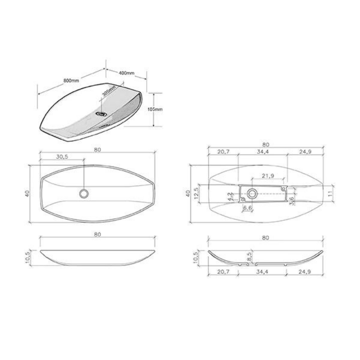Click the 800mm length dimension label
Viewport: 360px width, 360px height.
[x=71, y=80]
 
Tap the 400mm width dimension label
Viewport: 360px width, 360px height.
[x=126, y=73]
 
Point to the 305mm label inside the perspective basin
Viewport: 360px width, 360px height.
[x=109, y=92]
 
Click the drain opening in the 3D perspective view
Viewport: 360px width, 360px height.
[x=102, y=114]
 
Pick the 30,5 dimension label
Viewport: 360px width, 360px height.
[x=62, y=157]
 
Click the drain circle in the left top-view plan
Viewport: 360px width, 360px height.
[x=84, y=194]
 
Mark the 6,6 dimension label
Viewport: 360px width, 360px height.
[x=248, y=208]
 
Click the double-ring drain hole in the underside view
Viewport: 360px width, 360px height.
[x=252, y=194]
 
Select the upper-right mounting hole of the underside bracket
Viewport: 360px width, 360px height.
[x=283, y=188]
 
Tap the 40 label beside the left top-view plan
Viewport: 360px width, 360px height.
[x=27, y=194]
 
